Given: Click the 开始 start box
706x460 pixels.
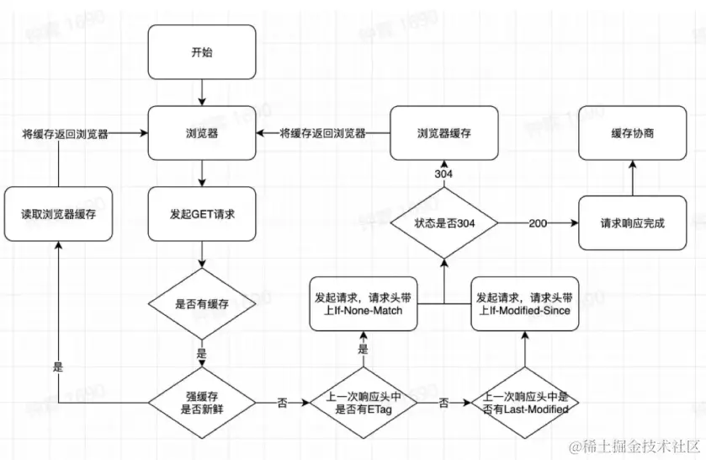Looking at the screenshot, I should [202, 52].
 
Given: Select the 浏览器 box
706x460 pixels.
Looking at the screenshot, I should [202, 133].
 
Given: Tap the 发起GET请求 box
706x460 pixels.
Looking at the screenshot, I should [202, 215].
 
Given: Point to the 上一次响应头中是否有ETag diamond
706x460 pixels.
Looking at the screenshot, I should [363, 403].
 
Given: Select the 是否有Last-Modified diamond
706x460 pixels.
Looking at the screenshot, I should [524, 403].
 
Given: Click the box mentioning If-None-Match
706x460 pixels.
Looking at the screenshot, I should [363, 304].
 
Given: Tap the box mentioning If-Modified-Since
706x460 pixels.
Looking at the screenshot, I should [524, 304].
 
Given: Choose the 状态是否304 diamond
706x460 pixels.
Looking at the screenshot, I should [443, 223].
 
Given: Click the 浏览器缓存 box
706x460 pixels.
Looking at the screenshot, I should [443, 133].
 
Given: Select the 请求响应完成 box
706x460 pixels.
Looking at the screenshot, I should [632, 223].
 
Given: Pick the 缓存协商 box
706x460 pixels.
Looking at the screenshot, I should [632, 133].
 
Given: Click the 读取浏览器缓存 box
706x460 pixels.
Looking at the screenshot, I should [58, 215].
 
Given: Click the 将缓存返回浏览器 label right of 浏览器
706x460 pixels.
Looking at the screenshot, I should [322, 133].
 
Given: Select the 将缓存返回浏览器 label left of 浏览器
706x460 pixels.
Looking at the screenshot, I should [65, 133].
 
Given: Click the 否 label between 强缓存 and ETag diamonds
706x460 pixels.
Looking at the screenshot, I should [282, 403].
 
